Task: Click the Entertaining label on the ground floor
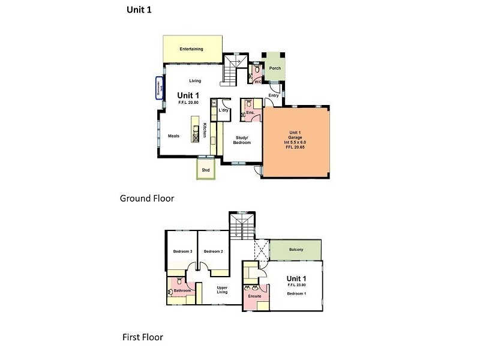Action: pyautogui.click(x=191, y=49)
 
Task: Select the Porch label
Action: pyautogui.click(x=274, y=68)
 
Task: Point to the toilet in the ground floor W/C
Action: pyautogui.click(x=257, y=70)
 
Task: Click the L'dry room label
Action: pyautogui.click(x=225, y=110)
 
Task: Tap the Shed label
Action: pyautogui.click(x=206, y=170)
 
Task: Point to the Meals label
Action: pyautogui.click(x=174, y=136)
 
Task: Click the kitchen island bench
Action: pyautogui.click(x=196, y=129)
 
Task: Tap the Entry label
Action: pyautogui.click(x=274, y=95)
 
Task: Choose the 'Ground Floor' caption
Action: pyautogui.click(x=147, y=197)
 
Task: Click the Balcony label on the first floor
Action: pyautogui.click(x=296, y=249)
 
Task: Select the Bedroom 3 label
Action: pyautogui.click(x=182, y=251)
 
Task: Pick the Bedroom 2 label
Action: pyautogui.click(x=213, y=251)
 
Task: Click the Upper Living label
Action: pyautogui.click(x=222, y=290)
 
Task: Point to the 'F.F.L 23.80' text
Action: pyautogui.click(x=296, y=286)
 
